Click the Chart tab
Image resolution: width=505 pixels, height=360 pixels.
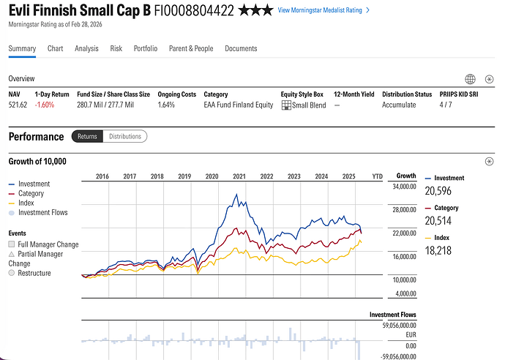[x=55, y=48]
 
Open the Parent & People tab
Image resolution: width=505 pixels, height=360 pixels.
[x=191, y=48]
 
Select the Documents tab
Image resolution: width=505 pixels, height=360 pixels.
[x=241, y=48]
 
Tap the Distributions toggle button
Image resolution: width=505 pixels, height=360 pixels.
[x=124, y=136]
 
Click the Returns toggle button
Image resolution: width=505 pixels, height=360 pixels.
[x=87, y=136]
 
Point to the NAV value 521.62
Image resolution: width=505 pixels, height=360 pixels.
[x=18, y=105]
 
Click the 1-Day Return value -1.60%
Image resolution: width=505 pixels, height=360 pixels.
[x=45, y=105]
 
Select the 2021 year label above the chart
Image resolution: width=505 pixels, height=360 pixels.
[x=239, y=176]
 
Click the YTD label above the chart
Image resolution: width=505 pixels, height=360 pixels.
[x=377, y=176]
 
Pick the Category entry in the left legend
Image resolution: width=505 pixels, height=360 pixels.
[x=31, y=193]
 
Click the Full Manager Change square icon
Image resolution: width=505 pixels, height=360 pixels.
[x=12, y=244]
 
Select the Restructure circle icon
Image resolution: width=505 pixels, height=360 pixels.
[x=12, y=273]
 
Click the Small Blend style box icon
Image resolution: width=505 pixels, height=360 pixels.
[x=286, y=105]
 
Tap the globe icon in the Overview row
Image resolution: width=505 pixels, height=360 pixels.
[x=471, y=79]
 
